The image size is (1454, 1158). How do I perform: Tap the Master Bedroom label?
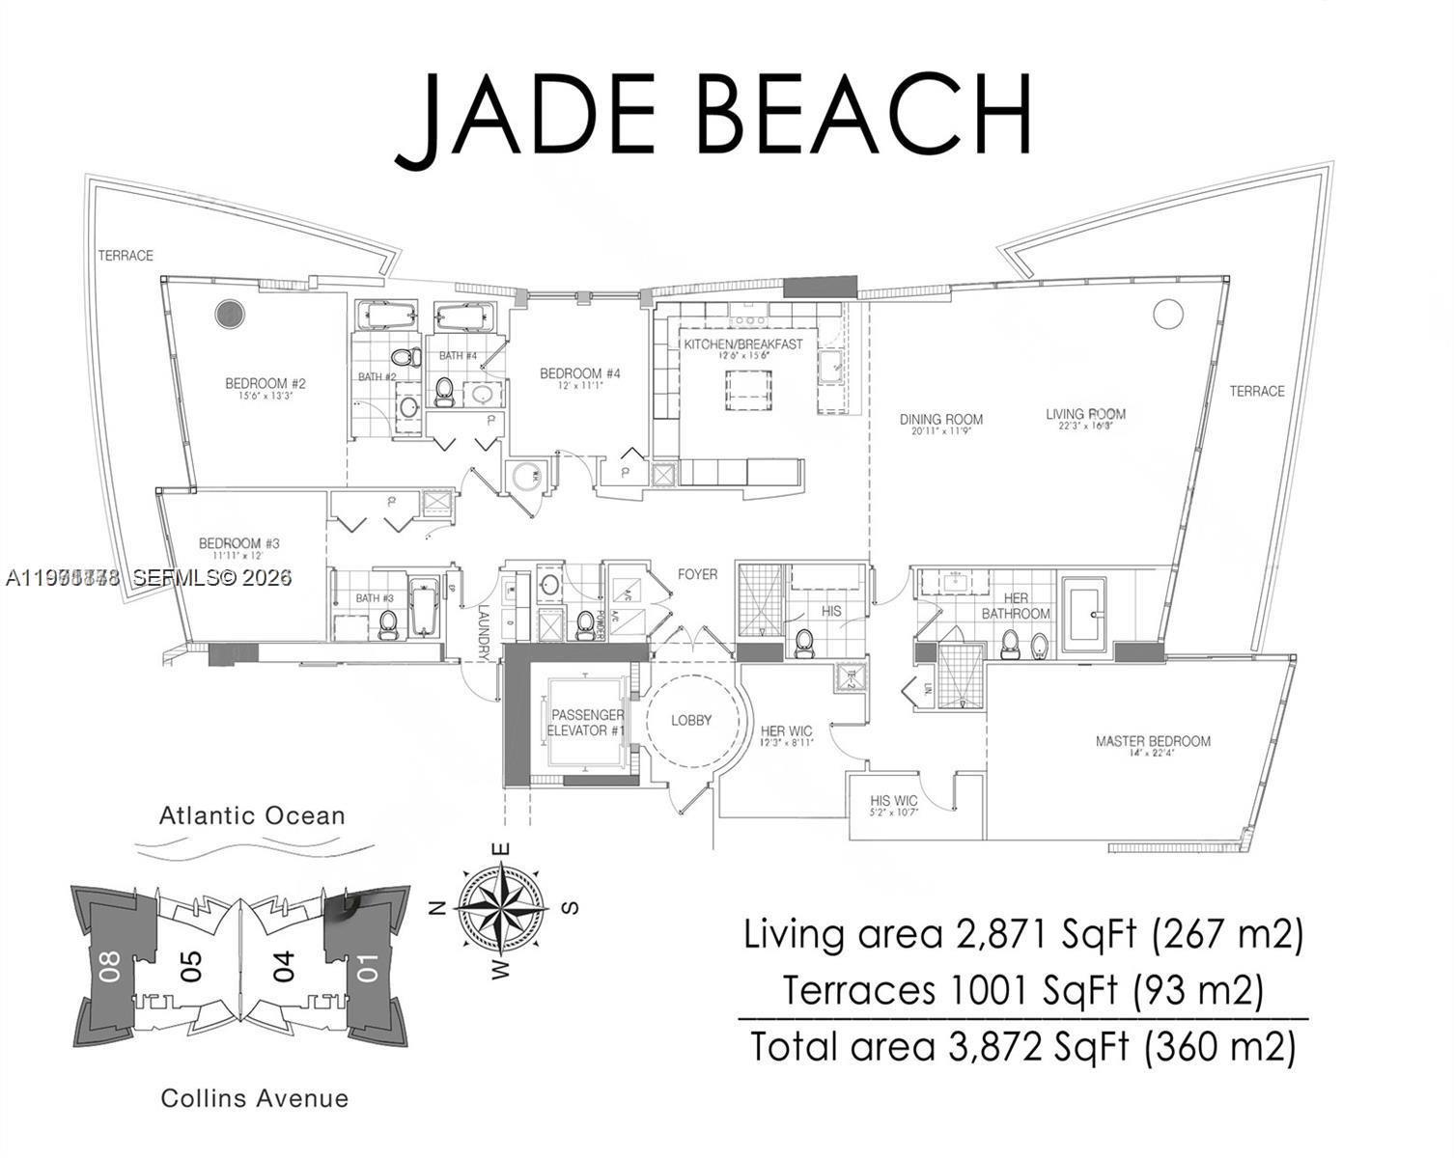1152,741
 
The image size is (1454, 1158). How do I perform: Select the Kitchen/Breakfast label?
743,345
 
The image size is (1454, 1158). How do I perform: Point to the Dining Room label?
940,419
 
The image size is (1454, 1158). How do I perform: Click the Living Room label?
1085,414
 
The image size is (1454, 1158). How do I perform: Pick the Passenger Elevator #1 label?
586,723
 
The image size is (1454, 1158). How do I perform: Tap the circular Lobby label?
691,720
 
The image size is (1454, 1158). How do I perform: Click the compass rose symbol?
502,909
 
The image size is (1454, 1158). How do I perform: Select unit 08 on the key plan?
108,965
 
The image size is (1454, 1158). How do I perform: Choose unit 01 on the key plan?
368,966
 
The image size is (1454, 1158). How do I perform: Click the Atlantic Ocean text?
252,816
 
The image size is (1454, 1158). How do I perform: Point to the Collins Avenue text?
255,1098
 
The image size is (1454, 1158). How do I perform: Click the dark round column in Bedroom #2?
229,314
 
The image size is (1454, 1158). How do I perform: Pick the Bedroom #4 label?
579,373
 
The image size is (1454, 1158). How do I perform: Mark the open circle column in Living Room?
1167,314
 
